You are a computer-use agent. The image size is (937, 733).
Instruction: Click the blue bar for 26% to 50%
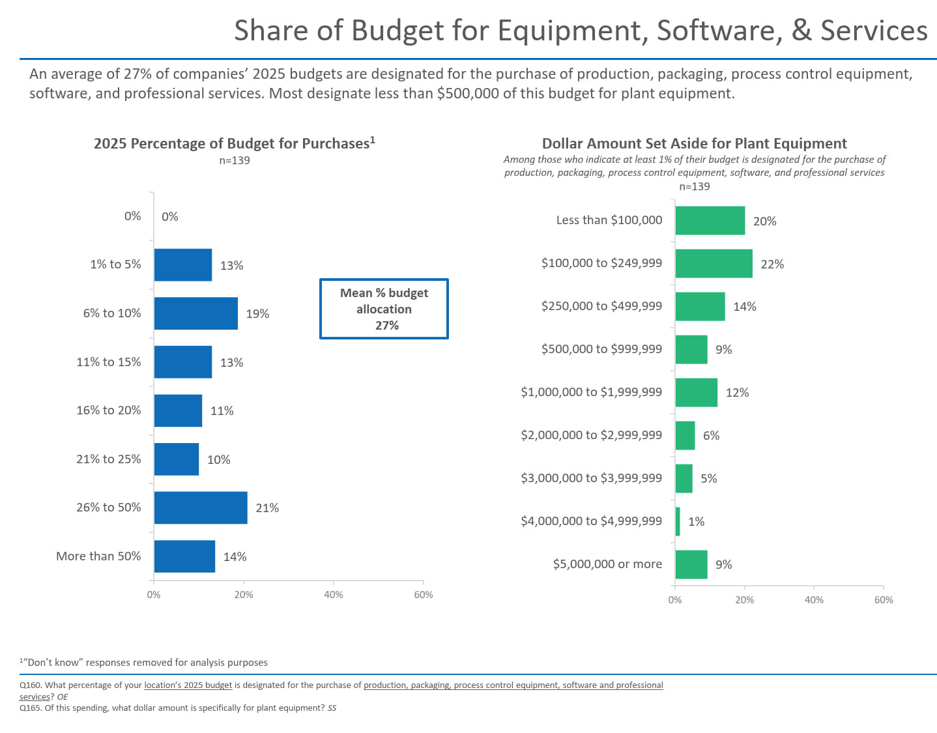point(201,508)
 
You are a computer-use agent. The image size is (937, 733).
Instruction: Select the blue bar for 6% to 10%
point(195,313)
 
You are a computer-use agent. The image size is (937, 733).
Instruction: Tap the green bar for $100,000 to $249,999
point(714,263)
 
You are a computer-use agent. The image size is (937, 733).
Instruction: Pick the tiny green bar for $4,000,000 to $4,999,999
point(678,521)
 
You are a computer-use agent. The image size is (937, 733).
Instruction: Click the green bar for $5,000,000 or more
point(691,564)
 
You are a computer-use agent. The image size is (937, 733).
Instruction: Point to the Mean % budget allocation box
point(384,309)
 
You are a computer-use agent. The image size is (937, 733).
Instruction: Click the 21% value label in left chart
point(267,508)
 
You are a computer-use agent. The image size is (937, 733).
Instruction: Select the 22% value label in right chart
point(772,264)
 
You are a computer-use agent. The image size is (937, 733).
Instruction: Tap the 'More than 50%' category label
point(98,556)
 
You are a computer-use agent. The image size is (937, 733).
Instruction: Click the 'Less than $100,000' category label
point(609,220)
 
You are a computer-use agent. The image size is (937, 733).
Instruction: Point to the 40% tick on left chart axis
point(333,594)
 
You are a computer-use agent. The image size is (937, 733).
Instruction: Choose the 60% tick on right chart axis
point(883,599)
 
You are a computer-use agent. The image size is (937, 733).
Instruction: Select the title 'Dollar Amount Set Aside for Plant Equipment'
point(694,143)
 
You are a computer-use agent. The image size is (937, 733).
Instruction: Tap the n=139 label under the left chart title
point(234,160)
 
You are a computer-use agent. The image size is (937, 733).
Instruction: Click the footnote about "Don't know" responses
point(144,662)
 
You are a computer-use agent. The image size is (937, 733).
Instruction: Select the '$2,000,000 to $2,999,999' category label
point(591,435)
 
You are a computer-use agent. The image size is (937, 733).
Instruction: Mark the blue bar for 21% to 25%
point(176,459)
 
